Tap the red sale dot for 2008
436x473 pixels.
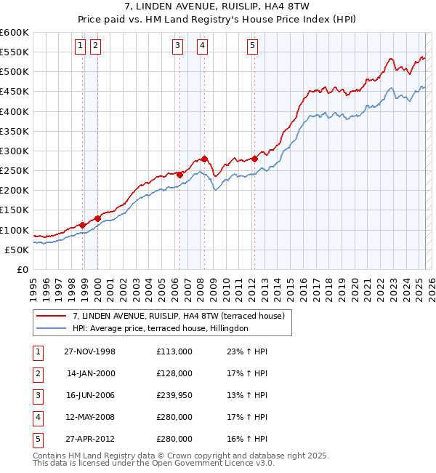coord(205,159)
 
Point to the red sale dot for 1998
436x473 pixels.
coord(83,225)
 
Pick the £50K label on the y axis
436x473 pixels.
coord(17,250)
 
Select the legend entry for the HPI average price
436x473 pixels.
coord(161,328)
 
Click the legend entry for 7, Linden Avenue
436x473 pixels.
coord(182,316)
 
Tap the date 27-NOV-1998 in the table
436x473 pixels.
coord(90,351)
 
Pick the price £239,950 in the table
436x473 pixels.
coord(174,395)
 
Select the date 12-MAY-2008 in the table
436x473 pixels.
coord(90,417)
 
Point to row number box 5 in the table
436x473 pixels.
coord(36,439)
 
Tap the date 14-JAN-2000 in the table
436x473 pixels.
coord(90,373)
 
